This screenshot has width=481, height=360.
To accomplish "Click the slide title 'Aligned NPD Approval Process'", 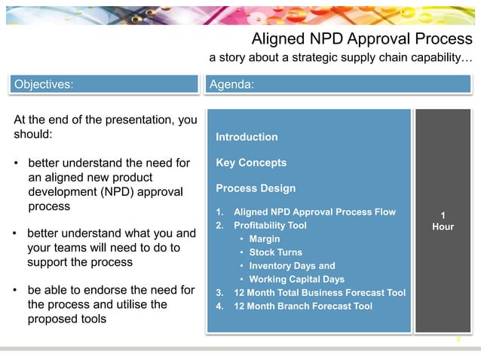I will tap(361, 38).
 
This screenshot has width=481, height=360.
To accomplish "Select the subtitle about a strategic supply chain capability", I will tap(341, 58).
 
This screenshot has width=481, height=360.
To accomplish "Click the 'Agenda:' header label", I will tap(231, 84).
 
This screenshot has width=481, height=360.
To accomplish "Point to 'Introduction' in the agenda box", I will tap(247, 137).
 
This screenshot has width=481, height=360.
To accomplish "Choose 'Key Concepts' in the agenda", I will tap(251, 163).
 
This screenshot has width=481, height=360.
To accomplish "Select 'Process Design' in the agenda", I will tap(256, 188).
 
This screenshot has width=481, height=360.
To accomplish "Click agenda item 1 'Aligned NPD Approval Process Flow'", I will tap(314, 212).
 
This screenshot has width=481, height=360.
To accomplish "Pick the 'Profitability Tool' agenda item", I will tap(270, 225).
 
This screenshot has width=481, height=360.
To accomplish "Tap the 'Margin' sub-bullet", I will tap(265, 239).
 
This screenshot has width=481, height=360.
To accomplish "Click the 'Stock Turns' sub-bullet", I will tap(275, 252).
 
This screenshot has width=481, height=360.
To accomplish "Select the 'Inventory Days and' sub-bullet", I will tap(292, 266).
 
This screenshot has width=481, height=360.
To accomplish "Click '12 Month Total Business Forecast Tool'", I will tap(320, 293).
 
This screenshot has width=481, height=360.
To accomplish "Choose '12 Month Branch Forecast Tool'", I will tap(303, 306).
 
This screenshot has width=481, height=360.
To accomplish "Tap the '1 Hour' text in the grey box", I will tap(443, 220).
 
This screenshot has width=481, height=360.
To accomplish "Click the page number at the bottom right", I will tap(458, 340).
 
